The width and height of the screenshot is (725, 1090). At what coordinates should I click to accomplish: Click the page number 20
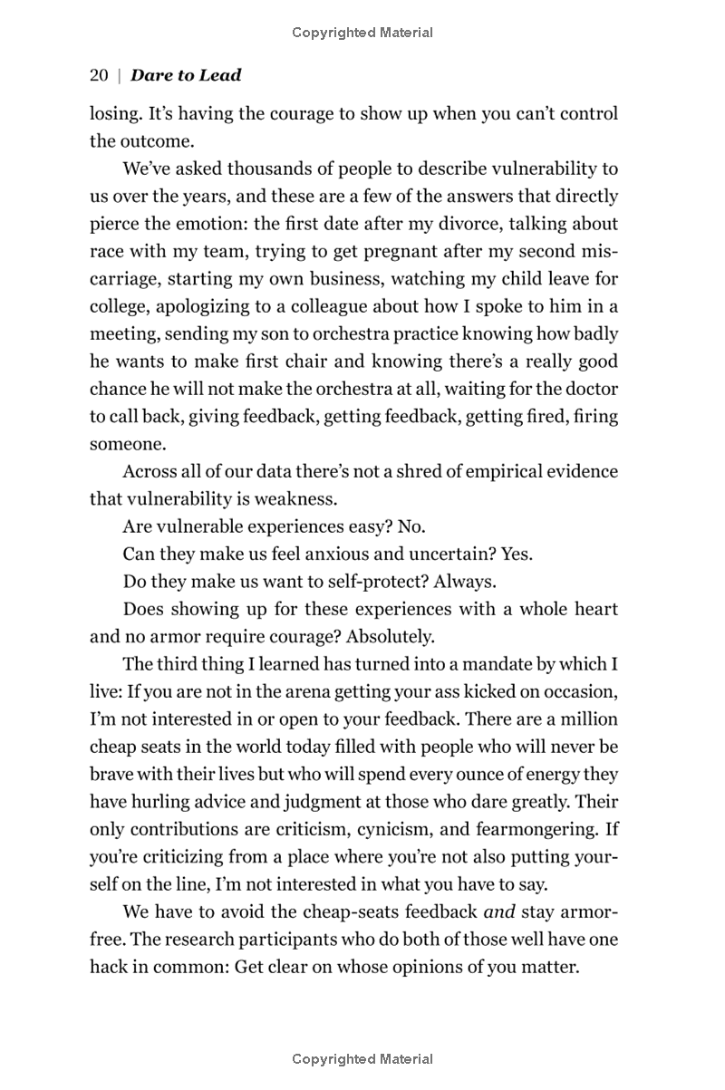coord(99,76)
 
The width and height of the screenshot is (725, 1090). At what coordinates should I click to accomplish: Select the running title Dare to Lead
coord(186,76)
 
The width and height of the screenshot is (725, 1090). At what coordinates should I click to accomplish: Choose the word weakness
coord(297,499)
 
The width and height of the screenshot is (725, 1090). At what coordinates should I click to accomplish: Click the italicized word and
coord(499,912)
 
